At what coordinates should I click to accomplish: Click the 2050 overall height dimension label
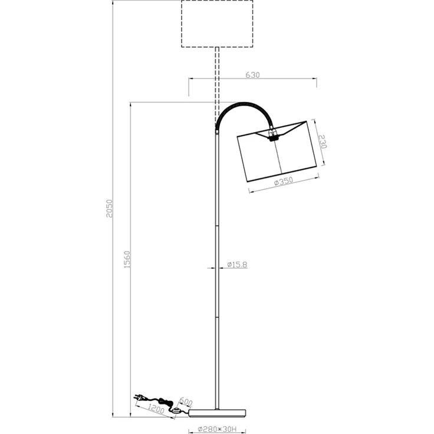pos(110,208)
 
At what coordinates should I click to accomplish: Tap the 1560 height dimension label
pos(127,259)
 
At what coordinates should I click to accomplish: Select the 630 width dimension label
pos(253,75)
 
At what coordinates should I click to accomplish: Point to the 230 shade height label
pos(323,142)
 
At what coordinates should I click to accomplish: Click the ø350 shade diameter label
pos(284,182)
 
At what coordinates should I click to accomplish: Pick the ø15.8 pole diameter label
pos(237,265)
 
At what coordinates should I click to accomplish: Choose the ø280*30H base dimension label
pos(217,429)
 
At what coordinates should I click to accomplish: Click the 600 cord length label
pos(186,402)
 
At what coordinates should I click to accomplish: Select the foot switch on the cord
pos(176,410)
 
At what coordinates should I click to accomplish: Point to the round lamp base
pos(217,413)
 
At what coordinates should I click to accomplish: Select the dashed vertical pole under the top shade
pos(217,86)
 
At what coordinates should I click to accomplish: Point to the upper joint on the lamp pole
pos(217,226)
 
